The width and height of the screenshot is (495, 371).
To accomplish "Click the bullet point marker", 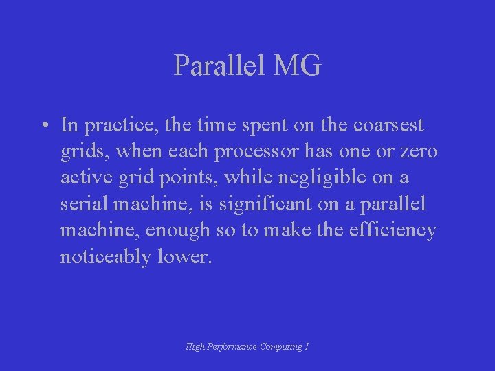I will [x=43, y=126].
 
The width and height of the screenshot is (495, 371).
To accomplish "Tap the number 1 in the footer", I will [x=307, y=347].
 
